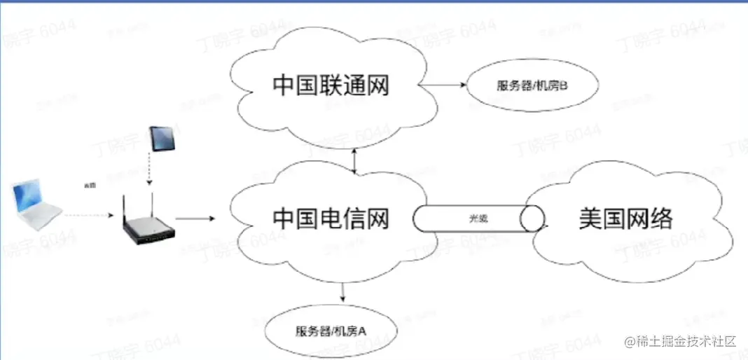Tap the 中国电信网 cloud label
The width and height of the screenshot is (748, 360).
330,219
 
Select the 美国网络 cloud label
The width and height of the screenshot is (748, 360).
625,219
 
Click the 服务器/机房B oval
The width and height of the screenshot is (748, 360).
522,86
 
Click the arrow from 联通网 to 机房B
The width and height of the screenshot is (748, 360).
445,85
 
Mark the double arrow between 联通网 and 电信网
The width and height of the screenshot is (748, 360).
356,161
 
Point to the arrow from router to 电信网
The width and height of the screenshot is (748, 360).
195,219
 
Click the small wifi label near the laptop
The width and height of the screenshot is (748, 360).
89,186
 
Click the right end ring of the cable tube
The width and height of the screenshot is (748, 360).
534,218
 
